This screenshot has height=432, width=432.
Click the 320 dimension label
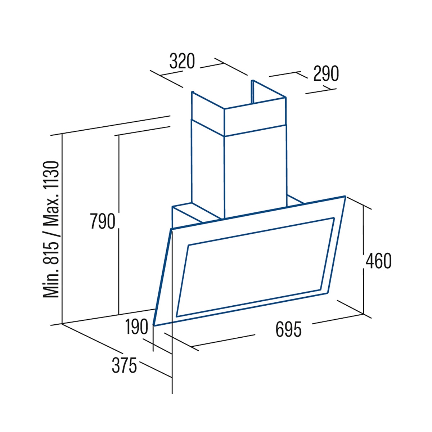pyautogui.click(x=182, y=61)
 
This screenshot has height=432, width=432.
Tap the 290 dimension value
pyautogui.click(x=326, y=73)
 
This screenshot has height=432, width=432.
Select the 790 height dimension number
pyautogui.click(x=103, y=221)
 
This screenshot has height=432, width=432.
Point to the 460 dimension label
pyautogui.click(x=379, y=261)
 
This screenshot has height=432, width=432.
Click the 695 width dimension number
pyautogui.click(x=288, y=329)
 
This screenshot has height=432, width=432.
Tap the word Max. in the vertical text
pyautogui.click(x=51, y=213)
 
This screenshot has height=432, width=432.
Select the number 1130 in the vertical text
pyautogui.click(x=51, y=176)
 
